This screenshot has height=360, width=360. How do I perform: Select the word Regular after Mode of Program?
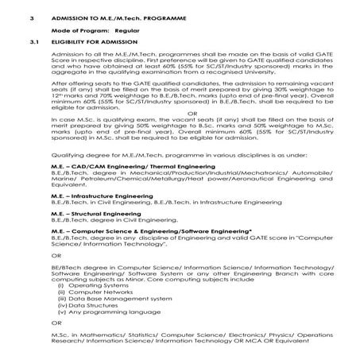116,27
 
